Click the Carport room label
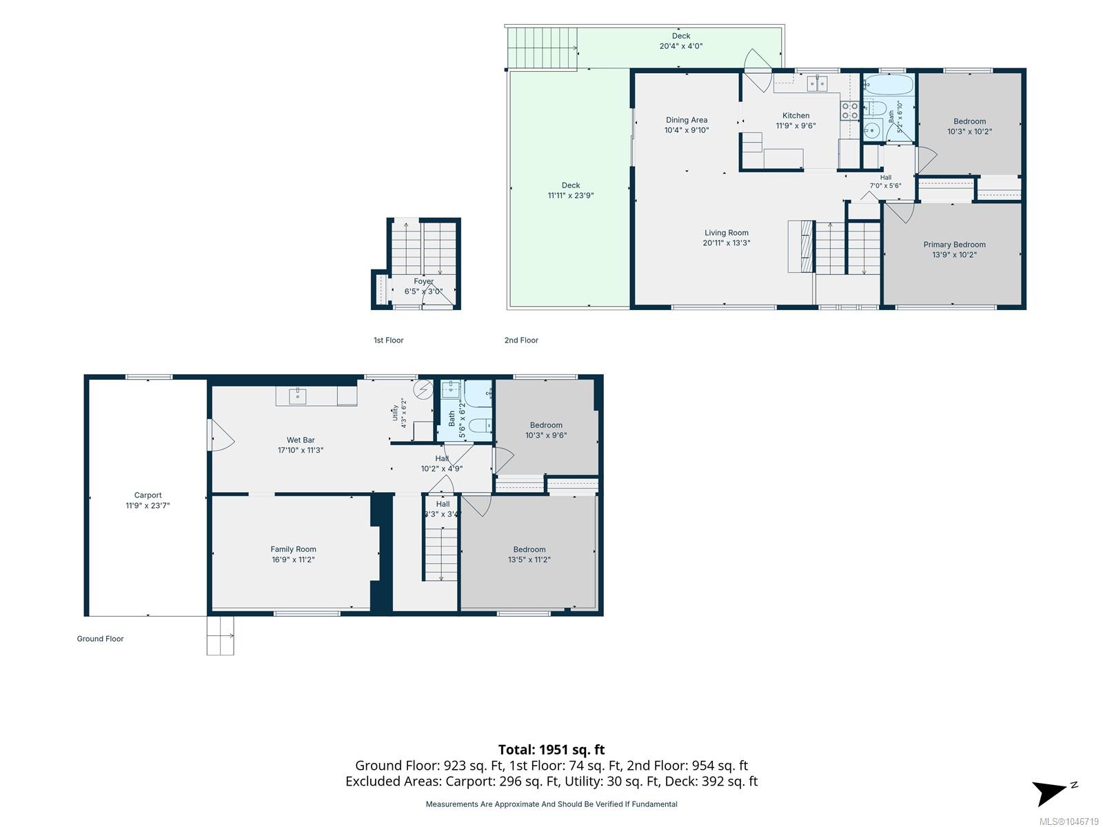click(148, 495)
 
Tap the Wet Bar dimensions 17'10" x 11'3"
click(301, 451)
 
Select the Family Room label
click(293, 549)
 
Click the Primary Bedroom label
click(954, 245)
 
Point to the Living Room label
click(726, 232)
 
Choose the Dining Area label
click(687, 120)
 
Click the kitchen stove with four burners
click(849, 110)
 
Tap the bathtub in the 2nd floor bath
click(889, 85)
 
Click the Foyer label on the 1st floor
click(423, 282)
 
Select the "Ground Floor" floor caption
click(100, 639)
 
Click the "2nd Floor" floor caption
click(521, 340)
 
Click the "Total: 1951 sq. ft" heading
click(551, 750)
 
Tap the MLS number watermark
click(1069, 821)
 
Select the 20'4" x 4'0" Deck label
click(681, 41)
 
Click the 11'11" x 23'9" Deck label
click(570, 190)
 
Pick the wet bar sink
click(298, 396)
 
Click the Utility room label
click(395, 413)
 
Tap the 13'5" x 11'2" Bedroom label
click(529, 554)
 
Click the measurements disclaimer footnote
click(551, 804)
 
